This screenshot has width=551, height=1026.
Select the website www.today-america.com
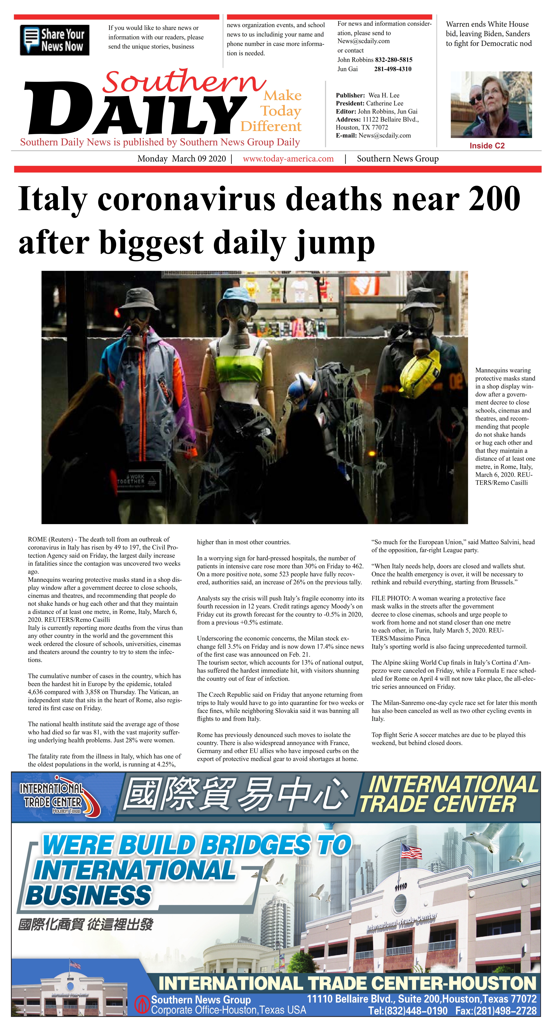click(288, 159)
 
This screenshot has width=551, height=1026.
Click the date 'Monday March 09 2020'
click(182, 159)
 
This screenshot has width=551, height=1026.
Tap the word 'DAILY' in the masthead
click(135, 109)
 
